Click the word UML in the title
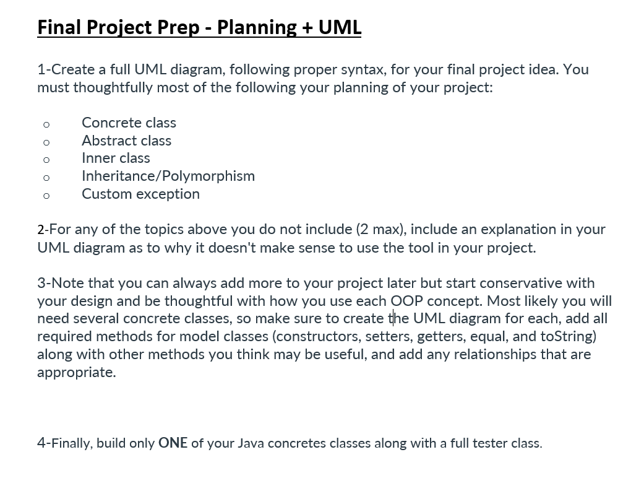tap(340, 27)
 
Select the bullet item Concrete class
tap(129, 123)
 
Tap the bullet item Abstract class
tap(126, 141)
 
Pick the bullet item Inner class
tap(116, 158)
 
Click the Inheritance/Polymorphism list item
tap(168, 176)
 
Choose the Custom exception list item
tap(140, 194)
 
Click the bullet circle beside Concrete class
tap(46, 124)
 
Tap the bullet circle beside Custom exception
tap(46, 196)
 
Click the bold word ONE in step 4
tap(173, 443)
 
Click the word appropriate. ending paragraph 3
tap(76, 373)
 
